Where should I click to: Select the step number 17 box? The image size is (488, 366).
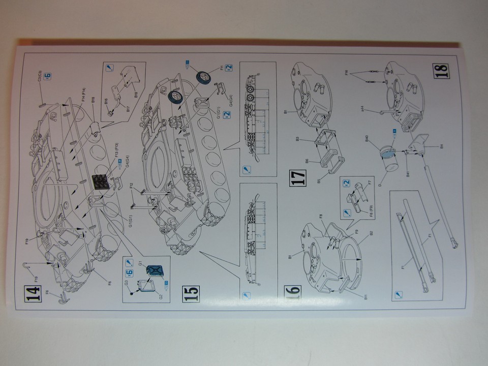coord(299,178)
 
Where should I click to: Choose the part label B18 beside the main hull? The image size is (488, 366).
coord(93,101)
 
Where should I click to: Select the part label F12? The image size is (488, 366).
coord(132,185)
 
